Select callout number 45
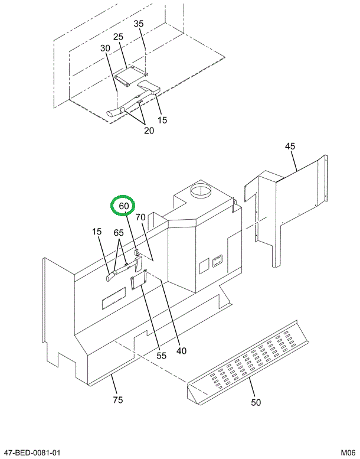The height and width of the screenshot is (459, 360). point(290,147)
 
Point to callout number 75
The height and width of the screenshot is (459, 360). point(117,400)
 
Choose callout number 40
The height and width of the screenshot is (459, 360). point(181,350)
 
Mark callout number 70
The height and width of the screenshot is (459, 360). point(140,217)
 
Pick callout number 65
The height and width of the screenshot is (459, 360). point(119,233)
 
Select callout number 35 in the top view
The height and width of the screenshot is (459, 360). point(139,24)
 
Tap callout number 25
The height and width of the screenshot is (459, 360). point(118,37)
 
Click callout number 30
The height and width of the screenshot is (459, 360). point(105,48)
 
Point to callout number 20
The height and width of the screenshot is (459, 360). point(149,131)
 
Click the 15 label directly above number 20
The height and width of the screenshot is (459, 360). point(162,120)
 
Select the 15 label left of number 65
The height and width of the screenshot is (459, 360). point(96,232)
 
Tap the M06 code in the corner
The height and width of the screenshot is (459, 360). point(348,453)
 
